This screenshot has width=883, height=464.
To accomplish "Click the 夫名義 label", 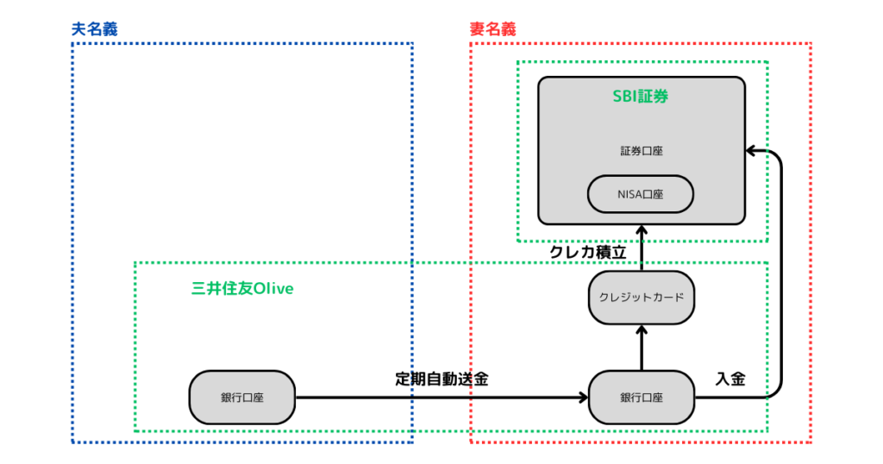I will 94,28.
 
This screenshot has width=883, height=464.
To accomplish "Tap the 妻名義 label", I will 492,28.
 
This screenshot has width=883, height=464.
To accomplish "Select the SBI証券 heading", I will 641,97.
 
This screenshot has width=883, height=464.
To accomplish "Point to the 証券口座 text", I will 641,151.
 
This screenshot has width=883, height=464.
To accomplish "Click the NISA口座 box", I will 641,194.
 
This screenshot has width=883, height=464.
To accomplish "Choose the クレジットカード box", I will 641,298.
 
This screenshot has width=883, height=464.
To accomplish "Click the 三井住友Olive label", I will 242,288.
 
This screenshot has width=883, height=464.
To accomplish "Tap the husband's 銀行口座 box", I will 242,398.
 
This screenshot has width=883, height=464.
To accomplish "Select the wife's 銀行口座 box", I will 641,398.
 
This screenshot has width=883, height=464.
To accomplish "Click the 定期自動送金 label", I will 441,379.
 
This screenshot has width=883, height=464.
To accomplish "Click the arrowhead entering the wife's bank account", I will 582,398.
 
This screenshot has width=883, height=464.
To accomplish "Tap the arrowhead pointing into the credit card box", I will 641,329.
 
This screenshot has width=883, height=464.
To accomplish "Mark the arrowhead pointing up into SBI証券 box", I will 641,229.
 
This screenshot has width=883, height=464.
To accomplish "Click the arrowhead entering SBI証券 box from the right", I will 751,151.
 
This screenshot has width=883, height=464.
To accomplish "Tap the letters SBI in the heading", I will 624,97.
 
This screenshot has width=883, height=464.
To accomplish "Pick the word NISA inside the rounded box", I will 629,194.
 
